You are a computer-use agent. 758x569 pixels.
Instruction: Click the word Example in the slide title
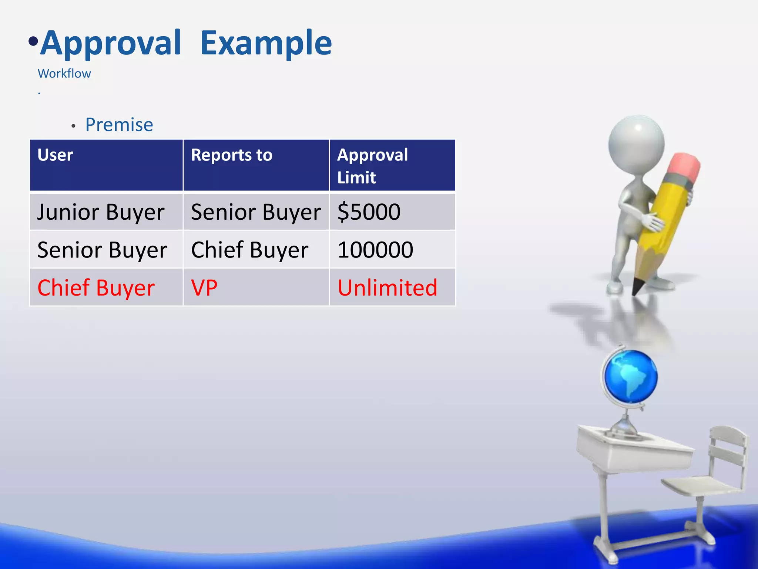[266, 44]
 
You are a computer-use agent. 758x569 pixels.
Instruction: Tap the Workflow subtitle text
[64, 74]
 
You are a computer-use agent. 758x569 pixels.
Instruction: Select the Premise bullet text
[119, 125]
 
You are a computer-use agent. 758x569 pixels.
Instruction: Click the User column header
[55, 155]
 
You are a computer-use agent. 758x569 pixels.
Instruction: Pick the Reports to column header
[231, 155]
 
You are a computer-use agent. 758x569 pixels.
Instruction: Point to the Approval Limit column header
[372, 166]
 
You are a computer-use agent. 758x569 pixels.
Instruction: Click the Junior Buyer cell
[101, 212]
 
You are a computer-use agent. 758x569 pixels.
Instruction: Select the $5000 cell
[369, 212]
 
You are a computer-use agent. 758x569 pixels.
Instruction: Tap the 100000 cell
[375, 250]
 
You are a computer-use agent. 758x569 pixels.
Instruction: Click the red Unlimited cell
[387, 288]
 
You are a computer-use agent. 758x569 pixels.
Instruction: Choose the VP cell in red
[204, 288]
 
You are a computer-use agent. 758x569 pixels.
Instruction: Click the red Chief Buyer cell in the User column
[96, 288]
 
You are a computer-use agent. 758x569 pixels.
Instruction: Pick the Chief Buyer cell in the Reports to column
[249, 250]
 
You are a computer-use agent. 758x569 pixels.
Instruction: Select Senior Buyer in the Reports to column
[255, 212]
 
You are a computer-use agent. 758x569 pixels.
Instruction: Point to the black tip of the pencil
[637, 287]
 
